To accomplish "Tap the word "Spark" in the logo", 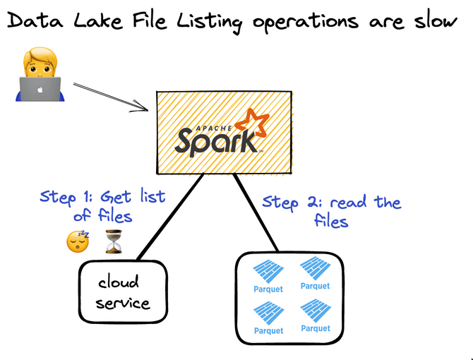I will pyautogui.click(x=216, y=140).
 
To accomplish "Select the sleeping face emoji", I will pyautogui.click(x=78, y=242).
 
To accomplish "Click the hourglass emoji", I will pyautogui.click(x=113, y=242).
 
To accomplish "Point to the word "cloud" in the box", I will pyautogui.click(x=119, y=283).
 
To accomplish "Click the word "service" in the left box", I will pyautogui.click(x=124, y=304).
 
